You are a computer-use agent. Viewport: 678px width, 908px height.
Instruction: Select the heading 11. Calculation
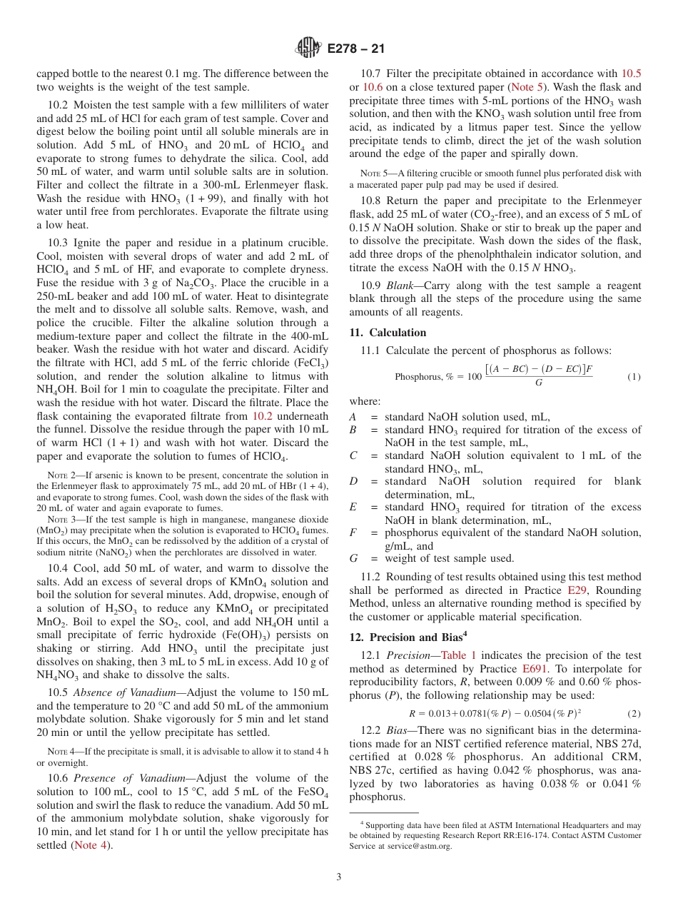click(x=388, y=333)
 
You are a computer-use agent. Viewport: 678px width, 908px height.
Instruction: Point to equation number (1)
click(x=634, y=376)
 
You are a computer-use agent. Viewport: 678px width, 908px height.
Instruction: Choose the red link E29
click(x=576, y=591)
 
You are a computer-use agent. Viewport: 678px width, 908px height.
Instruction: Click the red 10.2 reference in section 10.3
click(x=263, y=416)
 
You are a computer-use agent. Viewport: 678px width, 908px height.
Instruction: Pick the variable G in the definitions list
click(x=353, y=558)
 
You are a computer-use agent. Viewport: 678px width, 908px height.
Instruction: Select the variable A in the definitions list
click(x=353, y=417)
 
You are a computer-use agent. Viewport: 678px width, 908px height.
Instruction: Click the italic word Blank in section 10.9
click(x=398, y=286)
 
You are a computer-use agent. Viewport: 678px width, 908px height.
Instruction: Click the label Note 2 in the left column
click(x=61, y=475)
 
